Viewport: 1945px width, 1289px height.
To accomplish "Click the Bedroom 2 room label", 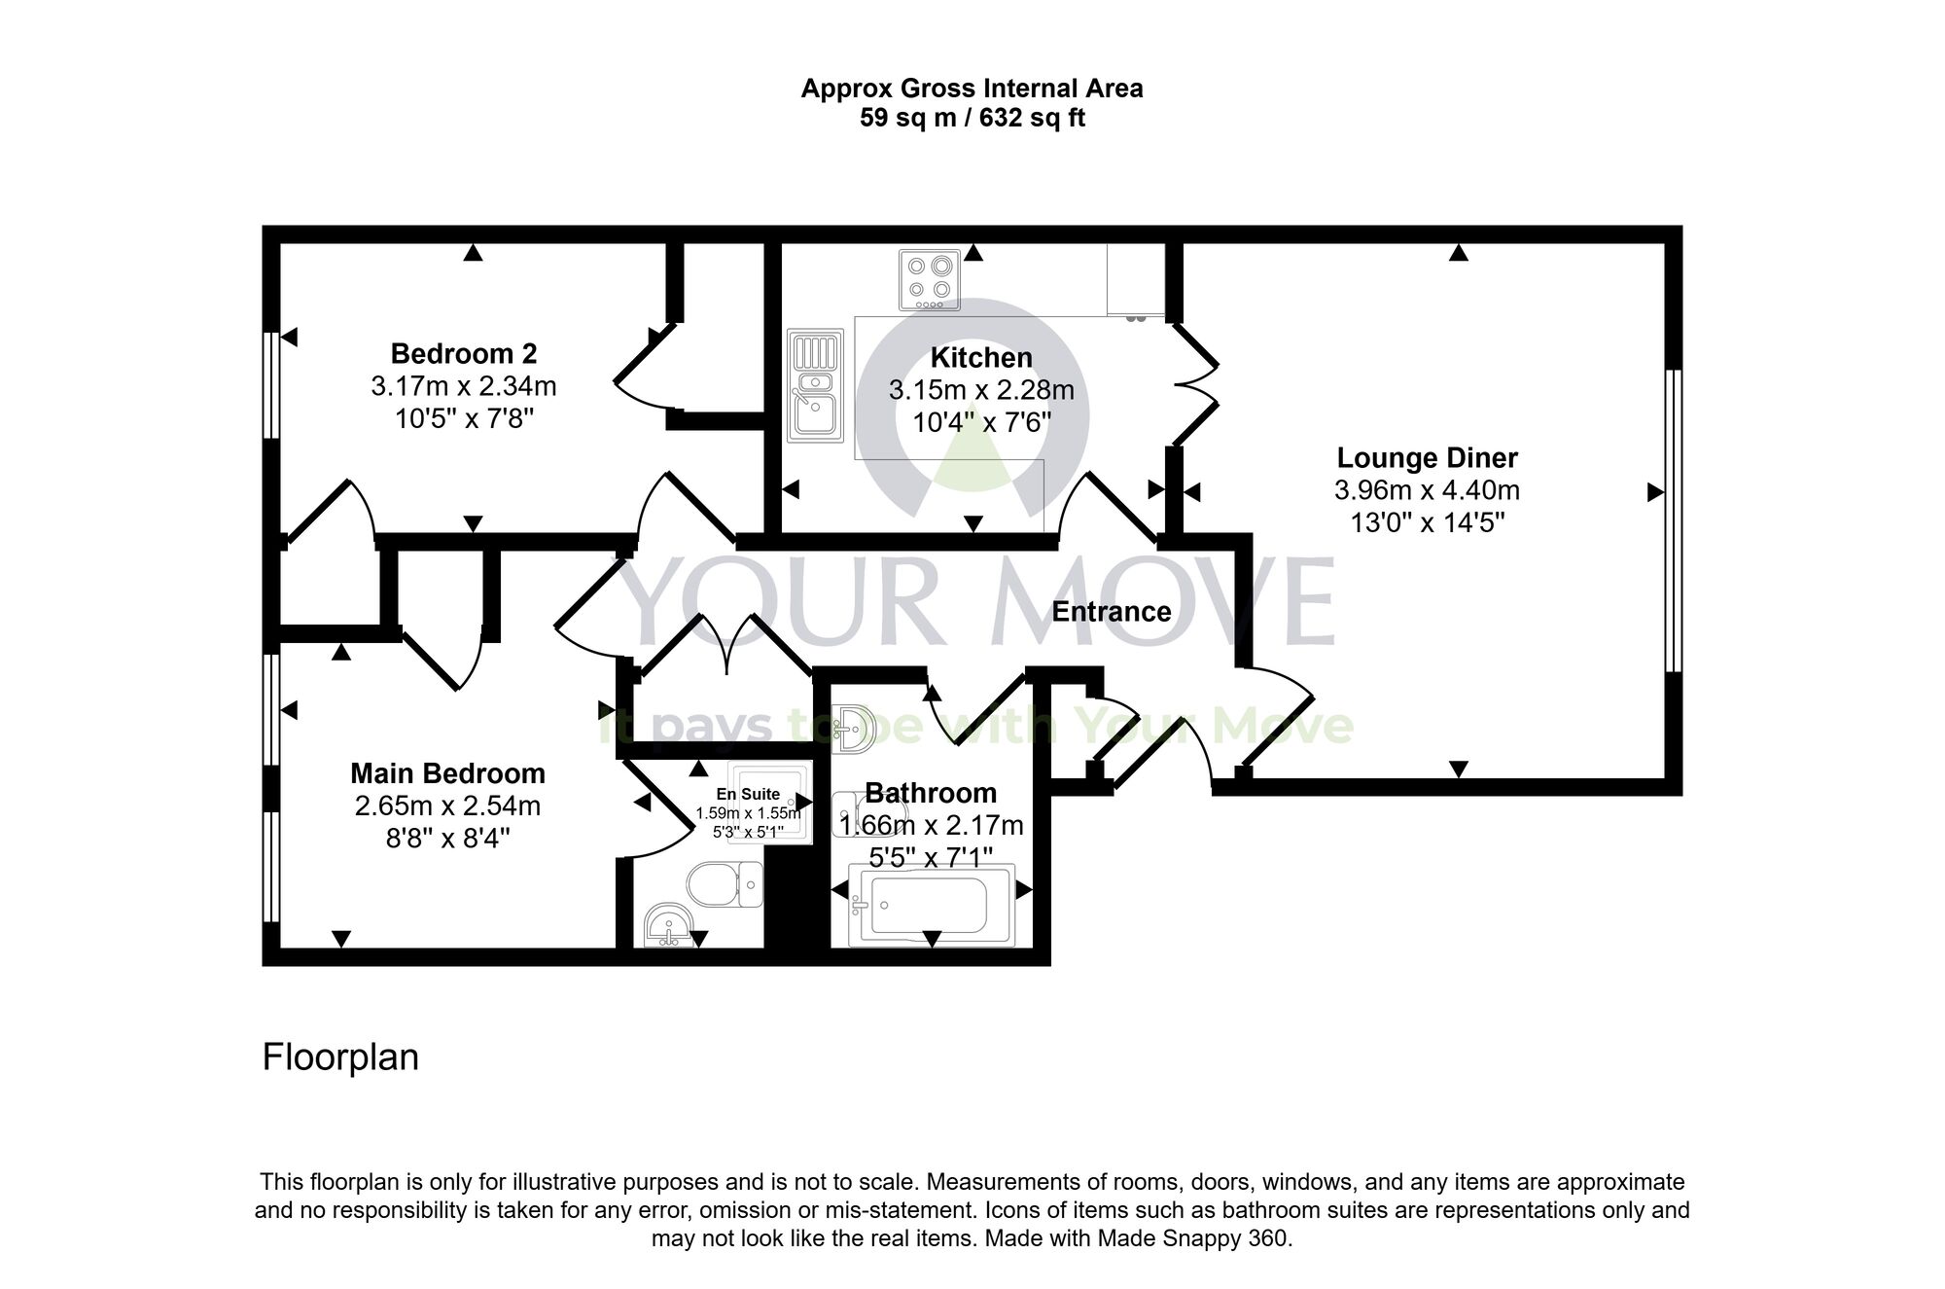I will point(463,353).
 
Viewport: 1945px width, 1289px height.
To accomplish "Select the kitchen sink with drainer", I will point(815,386).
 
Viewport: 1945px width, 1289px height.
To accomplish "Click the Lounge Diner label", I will point(1427,457).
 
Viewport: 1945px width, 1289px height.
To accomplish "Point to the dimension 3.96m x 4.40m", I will point(1427,490).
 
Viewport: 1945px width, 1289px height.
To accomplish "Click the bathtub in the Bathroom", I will point(931,905).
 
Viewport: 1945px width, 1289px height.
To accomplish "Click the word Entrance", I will point(1111,612).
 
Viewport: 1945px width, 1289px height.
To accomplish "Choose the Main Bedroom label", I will point(447,773).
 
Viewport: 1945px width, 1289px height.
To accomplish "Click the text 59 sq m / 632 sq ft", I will point(972,119).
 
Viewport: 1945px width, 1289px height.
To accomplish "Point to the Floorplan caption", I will point(340,1057).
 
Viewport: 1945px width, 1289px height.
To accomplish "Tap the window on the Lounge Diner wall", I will point(1673,520).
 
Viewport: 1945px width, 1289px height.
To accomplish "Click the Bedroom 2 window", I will point(271,385).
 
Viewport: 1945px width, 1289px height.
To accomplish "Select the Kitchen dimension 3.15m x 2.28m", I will point(980,391).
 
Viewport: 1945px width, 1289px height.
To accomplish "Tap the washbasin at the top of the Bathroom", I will point(856,728).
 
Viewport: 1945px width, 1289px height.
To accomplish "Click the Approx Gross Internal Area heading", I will point(972,89).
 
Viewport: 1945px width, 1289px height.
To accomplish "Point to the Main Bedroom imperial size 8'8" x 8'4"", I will point(447,838).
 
